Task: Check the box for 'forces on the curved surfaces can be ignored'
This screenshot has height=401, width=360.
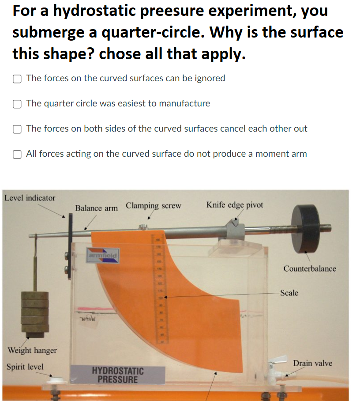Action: pyautogui.click(x=17, y=79)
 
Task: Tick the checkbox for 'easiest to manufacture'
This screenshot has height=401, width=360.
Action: pyautogui.click(x=17, y=104)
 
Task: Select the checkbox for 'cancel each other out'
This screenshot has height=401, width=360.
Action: pyautogui.click(x=17, y=129)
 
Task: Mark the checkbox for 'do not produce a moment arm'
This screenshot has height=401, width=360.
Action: pyautogui.click(x=17, y=154)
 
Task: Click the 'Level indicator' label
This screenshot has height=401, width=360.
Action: pyautogui.click(x=30, y=198)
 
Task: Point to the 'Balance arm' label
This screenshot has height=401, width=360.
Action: pyautogui.click(x=96, y=208)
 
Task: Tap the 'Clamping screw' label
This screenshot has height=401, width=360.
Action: pyautogui.click(x=153, y=206)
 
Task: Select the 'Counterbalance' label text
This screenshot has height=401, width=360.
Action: pyautogui.click(x=309, y=269)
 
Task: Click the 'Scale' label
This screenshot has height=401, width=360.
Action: pyautogui.click(x=289, y=293)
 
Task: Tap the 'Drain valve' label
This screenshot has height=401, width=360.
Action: pyautogui.click(x=312, y=363)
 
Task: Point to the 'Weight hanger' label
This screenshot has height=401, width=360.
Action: pyautogui.click(x=32, y=350)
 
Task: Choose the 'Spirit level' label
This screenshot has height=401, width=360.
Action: pyautogui.click(x=25, y=367)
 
